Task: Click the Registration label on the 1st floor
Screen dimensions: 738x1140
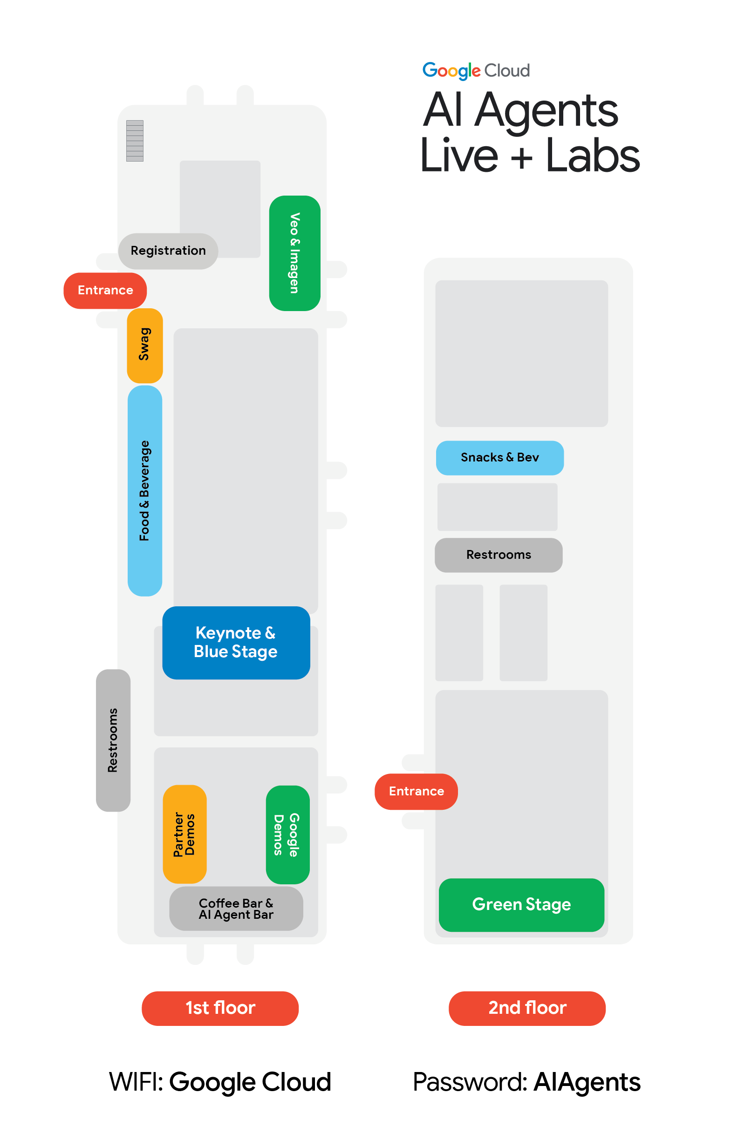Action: click(x=168, y=251)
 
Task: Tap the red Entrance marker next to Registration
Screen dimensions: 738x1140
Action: click(x=105, y=290)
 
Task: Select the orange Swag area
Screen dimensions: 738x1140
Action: click(x=145, y=346)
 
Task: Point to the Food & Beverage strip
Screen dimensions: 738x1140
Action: click(x=145, y=490)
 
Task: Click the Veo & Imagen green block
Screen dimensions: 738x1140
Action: click(x=295, y=253)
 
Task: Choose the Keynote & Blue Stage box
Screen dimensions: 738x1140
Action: click(x=236, y=642)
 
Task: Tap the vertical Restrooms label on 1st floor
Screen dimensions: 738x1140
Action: click(x=113, y=740)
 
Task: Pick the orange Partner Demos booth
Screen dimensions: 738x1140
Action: click(x=184, y=834)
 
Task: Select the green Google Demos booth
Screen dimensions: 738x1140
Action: click(x=287, y=835)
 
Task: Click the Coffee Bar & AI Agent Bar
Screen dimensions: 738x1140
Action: click(x=236, y=909)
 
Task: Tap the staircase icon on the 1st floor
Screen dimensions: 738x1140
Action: click(x=135, y=140)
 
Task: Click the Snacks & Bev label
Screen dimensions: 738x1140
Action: click(x=499, y=457)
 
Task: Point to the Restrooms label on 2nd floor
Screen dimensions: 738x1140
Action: click(x=499, y=555)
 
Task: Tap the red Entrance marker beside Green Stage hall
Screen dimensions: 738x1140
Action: click(x=416, y=791)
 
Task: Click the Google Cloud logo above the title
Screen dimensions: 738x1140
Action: click(x=476, y=71)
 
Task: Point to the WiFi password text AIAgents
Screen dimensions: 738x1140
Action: click(x=587, y=1083)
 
